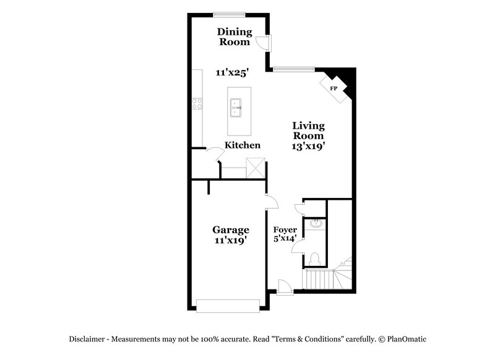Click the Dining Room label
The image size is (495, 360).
[235, 37]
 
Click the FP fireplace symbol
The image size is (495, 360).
[334, 88]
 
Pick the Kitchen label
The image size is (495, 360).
[242, 145]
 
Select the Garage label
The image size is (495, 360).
[231, 229]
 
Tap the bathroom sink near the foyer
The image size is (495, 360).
[314, 223]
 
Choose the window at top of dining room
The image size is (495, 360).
[230, 14]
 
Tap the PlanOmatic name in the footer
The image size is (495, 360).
[407, 339]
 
